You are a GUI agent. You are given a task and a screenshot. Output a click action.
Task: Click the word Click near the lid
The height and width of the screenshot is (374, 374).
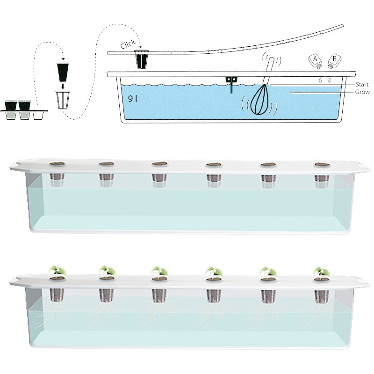[x=128, y=44]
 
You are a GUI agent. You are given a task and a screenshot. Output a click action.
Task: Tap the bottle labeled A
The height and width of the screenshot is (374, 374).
[x=315, y=61]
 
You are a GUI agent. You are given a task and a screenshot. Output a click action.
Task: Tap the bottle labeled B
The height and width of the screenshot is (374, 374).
[x=334, y=61]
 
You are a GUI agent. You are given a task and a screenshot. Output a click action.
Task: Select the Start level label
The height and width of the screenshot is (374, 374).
[x=362, y=85]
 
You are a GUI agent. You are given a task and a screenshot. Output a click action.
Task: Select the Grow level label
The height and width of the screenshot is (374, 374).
[x=362, y=92]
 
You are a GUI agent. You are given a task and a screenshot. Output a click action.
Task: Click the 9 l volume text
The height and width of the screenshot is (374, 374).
[x=133, y=99]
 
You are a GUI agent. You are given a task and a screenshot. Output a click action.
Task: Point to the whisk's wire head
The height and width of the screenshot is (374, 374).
[x=260, y=100]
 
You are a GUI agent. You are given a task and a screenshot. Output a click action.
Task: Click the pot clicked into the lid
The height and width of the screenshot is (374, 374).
[x=142, y=59]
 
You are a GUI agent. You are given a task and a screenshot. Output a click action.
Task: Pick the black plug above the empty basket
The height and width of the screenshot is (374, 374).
[x=63, y=72]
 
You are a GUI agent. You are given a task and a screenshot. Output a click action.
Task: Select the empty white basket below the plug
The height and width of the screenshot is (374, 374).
[x=63, y=100]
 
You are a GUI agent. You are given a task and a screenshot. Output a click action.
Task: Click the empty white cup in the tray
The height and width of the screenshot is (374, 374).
[x=38, y=115]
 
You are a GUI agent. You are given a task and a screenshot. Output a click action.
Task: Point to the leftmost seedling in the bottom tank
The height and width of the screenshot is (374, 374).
[x=57, y=270]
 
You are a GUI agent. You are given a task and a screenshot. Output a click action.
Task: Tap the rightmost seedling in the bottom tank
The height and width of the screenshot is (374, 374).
[x=322, y=272]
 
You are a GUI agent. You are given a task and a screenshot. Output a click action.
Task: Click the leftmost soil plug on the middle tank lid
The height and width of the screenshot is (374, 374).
[x=57, y=164]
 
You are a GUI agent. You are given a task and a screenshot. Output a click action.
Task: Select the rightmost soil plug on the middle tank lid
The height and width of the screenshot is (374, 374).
[x=322, y=165]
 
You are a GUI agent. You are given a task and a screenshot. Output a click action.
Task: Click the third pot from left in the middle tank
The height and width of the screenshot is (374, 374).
[x=159, y=180]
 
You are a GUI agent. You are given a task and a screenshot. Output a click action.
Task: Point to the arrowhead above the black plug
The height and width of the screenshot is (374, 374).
[x=63, y=59]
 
